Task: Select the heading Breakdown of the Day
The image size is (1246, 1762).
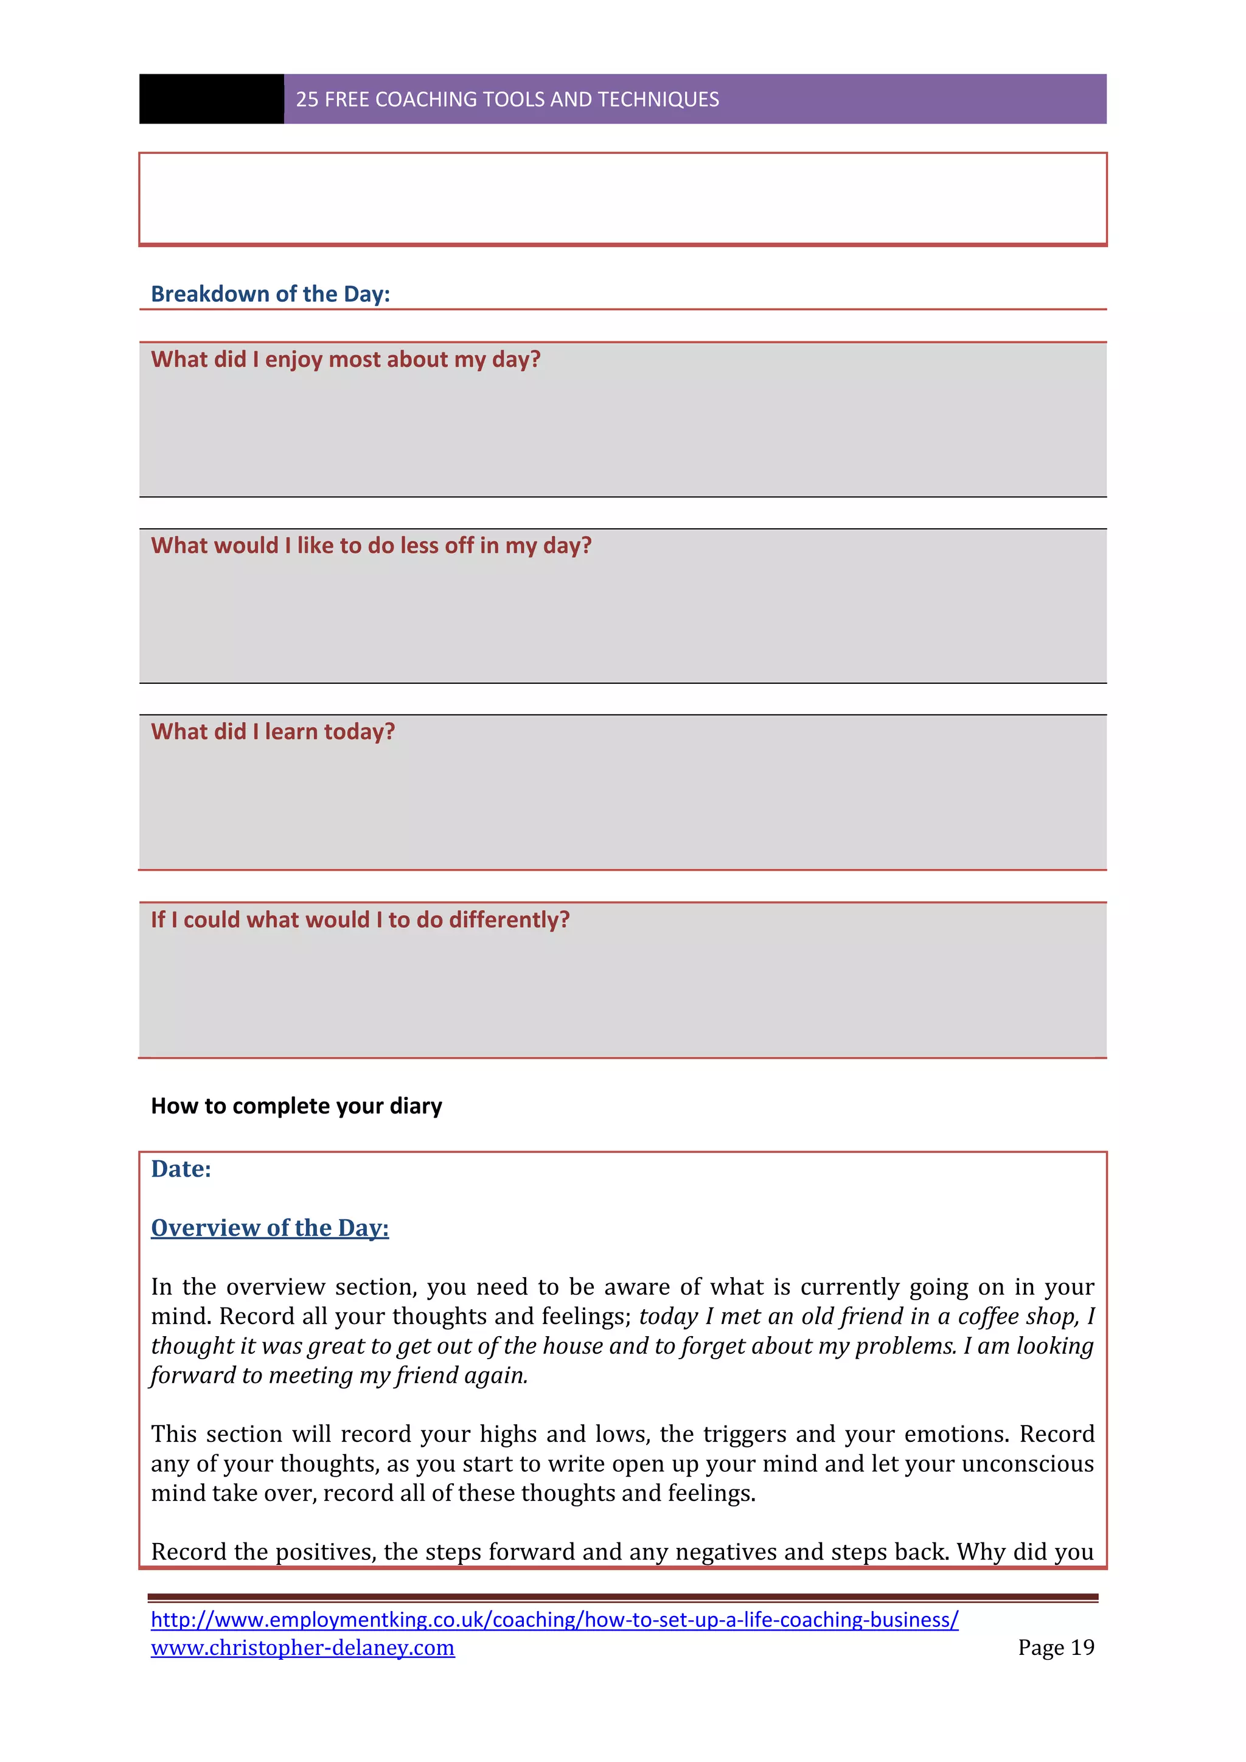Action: coord(270,294)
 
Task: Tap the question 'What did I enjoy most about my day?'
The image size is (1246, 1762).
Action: coord(345,359)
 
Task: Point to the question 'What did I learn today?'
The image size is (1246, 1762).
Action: coord(273,731)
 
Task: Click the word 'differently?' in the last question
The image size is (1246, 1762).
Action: coord(509,919)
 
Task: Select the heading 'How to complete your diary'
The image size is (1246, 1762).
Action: coord(296,1106)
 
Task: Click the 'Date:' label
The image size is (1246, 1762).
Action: coord(181,1169)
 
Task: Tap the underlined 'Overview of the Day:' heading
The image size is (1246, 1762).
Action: coord(270,1228)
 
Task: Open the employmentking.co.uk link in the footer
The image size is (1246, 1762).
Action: coord(554,1619)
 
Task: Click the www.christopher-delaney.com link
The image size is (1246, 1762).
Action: coord(302,1648)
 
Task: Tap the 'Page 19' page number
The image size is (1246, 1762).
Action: coord(1056,1647)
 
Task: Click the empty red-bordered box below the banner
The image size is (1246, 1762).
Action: coord(622,200)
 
